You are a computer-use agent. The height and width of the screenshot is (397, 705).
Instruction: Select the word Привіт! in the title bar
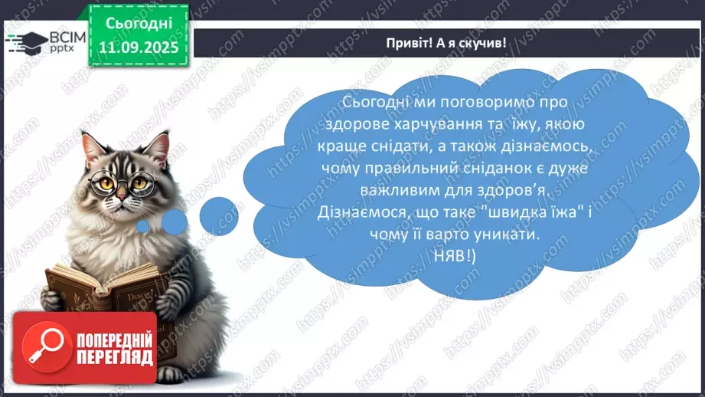[410, 43]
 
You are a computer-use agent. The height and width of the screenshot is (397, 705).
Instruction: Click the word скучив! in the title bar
[481, 43]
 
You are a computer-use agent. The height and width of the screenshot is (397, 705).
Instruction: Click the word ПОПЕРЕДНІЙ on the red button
[115, 340]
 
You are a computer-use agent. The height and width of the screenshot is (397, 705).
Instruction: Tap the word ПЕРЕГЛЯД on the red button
[115, 357]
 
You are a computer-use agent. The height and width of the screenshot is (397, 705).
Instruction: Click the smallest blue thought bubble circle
[142, 226]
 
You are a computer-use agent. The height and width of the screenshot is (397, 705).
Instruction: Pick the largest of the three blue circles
[219, 215]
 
